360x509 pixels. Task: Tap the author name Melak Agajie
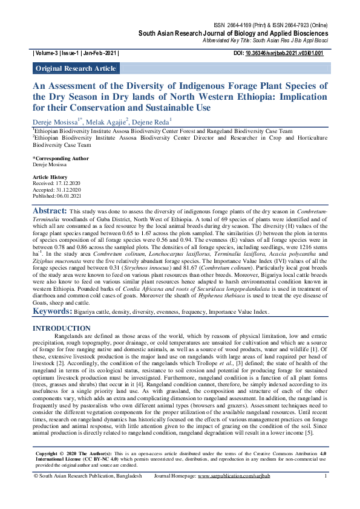107,122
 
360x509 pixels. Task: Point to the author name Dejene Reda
152,122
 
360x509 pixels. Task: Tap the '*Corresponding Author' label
61,158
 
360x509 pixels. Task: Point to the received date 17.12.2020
70,182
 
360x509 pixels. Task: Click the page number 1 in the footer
326,493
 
